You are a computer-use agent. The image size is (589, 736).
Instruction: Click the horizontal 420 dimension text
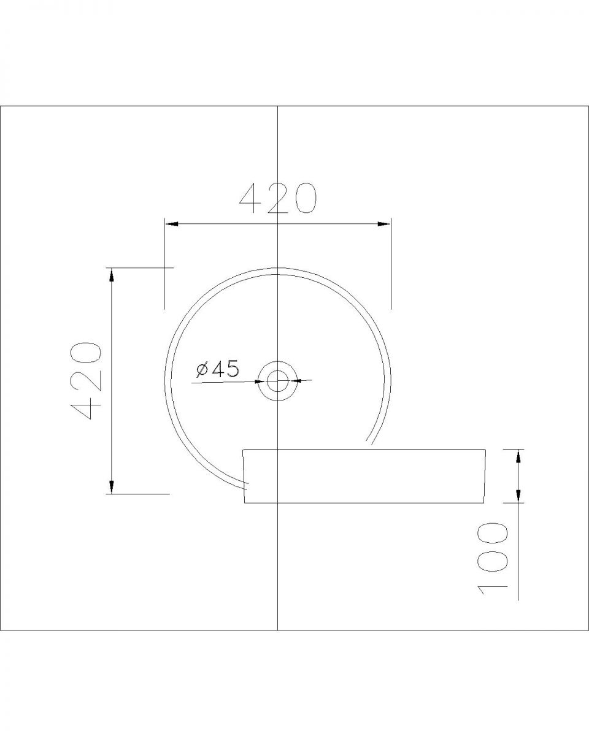tap(279, 198)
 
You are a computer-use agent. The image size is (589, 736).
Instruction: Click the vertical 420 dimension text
tap(86, 380)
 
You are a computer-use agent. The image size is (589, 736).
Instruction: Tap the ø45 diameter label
tap(217, 369)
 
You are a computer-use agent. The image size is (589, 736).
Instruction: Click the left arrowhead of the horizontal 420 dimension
tap(172, 224)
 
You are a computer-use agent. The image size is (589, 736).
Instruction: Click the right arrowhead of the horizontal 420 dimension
tap(383, 224)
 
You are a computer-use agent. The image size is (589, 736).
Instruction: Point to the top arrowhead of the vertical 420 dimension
tap(111, 275)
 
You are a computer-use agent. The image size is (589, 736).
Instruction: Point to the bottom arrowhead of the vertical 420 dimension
tap(111, 486)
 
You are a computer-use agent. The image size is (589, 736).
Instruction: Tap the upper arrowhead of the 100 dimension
tap(518, 456)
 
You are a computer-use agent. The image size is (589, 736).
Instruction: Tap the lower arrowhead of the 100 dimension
tap(518, 496)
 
